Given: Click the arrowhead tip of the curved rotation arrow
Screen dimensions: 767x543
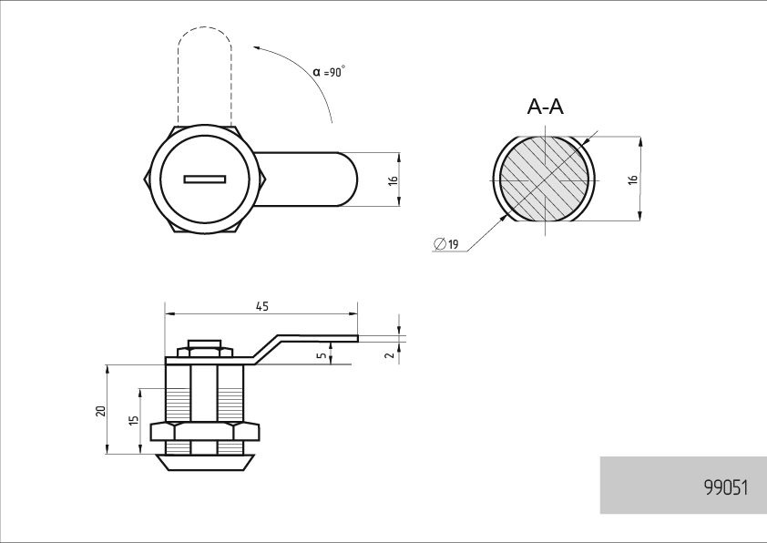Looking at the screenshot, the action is point(253,47).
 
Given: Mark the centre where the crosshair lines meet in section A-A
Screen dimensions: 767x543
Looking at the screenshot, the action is point(546,180).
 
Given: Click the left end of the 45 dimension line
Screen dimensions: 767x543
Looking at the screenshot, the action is point(166,314).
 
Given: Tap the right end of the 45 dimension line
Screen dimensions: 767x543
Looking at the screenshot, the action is point(358,314).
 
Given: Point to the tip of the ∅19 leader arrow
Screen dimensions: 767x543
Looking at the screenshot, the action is point(507,216).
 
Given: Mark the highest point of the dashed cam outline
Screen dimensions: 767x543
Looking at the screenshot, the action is point(204,27).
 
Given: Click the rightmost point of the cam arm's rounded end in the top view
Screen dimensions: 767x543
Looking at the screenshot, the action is point(358,179).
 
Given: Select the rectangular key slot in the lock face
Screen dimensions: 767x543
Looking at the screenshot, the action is point(205,179).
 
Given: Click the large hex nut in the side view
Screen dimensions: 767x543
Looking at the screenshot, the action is point(205,432).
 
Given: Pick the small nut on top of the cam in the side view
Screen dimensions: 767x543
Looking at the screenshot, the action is point(204,352).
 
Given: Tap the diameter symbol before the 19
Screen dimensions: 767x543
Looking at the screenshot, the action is point(440,243).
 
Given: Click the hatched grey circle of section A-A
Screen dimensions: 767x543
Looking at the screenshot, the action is point(546,179).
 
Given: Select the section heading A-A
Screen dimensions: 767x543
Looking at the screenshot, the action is point(546,107).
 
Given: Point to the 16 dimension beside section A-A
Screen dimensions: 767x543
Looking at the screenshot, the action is point(633,179).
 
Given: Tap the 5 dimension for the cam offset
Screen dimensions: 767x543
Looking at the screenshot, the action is point(322,355).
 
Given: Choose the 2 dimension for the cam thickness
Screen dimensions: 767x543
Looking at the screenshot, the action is point(390,355).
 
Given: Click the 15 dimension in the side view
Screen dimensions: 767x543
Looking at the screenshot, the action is point(134,420).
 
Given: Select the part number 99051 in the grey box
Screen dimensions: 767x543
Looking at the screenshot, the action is point(726,487).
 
